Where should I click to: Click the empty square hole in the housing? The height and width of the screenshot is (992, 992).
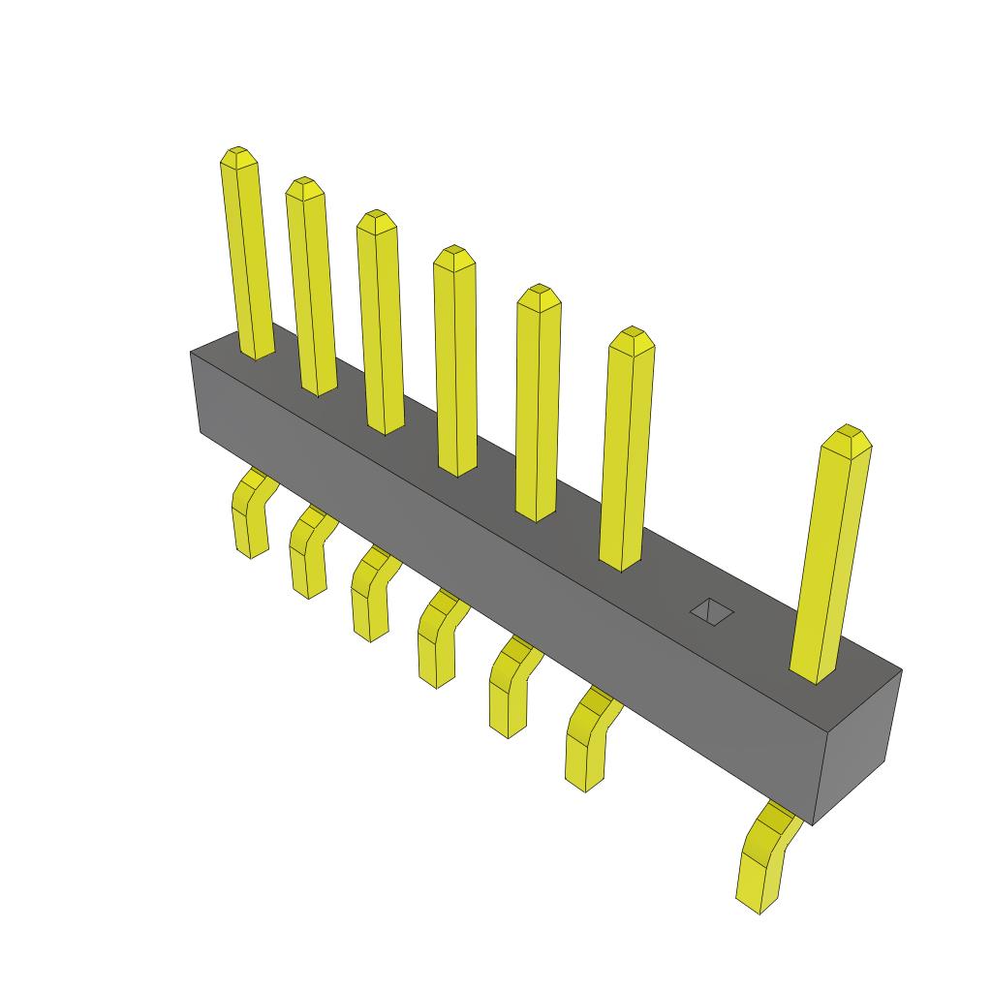click(x=712, y=611)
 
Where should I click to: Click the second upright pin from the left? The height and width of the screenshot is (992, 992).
click(x=311, y=291)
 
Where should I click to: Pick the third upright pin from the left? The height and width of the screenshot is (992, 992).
click(x=380, y=325)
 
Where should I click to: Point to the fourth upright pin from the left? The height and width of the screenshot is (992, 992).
click(x=455, y=363)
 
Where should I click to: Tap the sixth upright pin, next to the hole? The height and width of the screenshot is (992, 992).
click(x=627, y=450)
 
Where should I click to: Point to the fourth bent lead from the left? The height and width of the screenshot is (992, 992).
click(x=438, y=639)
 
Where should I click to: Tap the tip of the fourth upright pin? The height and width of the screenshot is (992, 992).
click(x=453, y=257)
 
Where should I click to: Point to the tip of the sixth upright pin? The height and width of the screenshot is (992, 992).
click(x=632, y=338)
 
